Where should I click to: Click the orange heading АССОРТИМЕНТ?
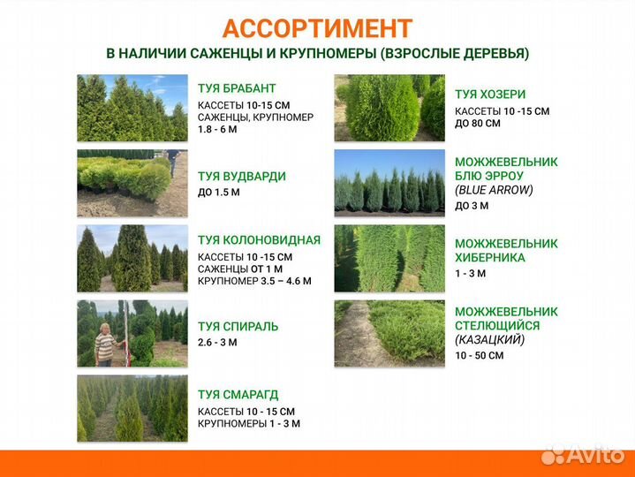[317, 28]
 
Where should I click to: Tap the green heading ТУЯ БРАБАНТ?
[237, 88]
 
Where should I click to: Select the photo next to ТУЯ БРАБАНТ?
[132, 108]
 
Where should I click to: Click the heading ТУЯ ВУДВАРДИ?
[241, 176]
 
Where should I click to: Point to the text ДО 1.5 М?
[218, 192]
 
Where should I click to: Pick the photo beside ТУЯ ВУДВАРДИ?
[132, 183]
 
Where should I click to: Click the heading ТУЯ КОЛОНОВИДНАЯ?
[259, 239]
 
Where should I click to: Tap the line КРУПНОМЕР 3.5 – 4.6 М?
[254, 282]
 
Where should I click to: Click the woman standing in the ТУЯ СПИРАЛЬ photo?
[105, 343]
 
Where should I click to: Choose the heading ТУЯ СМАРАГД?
[238, 395]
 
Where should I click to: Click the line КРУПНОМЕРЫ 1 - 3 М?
[248, 423]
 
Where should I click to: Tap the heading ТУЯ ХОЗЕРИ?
[490, 94]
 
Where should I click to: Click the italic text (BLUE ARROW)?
[495, 190]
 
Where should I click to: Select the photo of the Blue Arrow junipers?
[389, 183]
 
